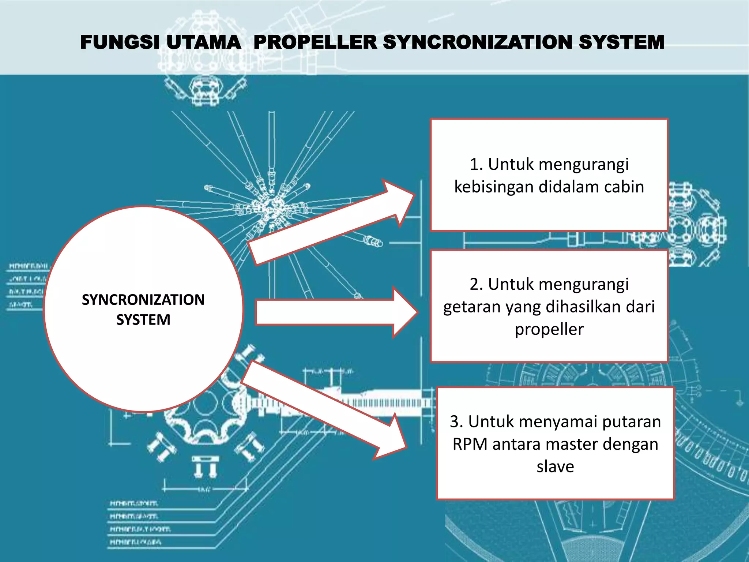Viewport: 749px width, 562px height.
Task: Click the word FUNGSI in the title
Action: (x=120, y=42)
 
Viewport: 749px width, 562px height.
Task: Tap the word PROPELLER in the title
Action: (x=315, y=42)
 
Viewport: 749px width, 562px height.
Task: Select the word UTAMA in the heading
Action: (x=204, y=42)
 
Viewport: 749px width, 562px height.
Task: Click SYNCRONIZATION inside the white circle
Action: (x=143, y=300)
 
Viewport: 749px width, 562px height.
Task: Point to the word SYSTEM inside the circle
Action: (x=143, y=320)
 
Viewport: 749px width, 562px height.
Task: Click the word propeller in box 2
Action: (x=549, y=329)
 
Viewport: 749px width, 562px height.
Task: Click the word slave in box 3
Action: (x=555, y=467)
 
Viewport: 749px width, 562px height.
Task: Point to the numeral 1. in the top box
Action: (x=476, y=164)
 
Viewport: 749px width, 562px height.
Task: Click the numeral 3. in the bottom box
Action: (x=456, y=421)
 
